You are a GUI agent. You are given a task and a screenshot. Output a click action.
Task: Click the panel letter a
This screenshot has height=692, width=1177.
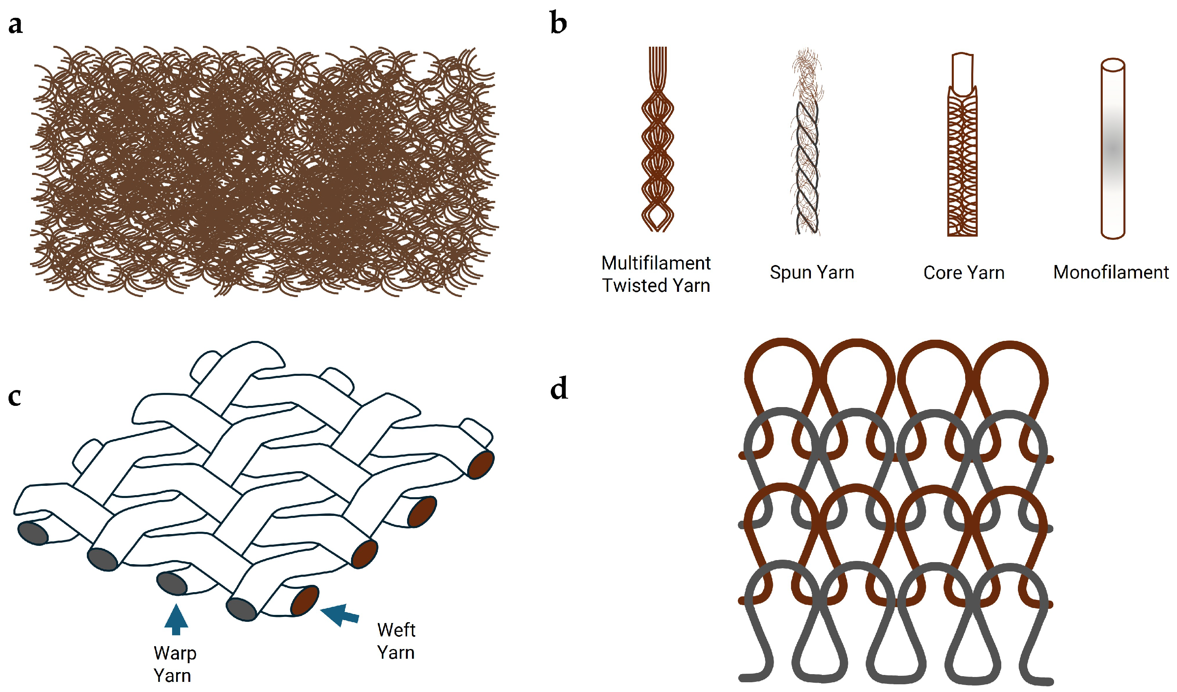(x=15, y=24)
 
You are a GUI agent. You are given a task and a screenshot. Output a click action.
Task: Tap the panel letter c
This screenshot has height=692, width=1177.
(x=15, y=397)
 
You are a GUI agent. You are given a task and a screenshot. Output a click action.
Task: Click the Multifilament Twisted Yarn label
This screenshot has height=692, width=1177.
(x=656, y=274)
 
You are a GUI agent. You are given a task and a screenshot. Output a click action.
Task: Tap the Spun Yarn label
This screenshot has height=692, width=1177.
(x=812, y=272)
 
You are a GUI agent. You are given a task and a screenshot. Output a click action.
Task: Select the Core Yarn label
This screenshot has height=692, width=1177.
(x=964, y=273)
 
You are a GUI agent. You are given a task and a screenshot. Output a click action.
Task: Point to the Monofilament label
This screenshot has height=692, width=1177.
(x=1111, y=272)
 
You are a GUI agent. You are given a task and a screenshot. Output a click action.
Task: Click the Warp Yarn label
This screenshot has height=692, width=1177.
(x=174, y=664)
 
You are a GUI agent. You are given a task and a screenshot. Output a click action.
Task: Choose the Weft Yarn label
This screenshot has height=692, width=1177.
(x=396, y=641)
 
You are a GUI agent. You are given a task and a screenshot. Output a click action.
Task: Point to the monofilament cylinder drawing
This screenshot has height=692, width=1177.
(x=1112, y=149)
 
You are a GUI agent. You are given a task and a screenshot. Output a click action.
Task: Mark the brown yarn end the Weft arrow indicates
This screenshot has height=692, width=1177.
(x=304, y=601)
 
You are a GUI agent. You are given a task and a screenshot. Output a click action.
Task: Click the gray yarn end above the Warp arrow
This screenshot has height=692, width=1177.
(x=172, y=584)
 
